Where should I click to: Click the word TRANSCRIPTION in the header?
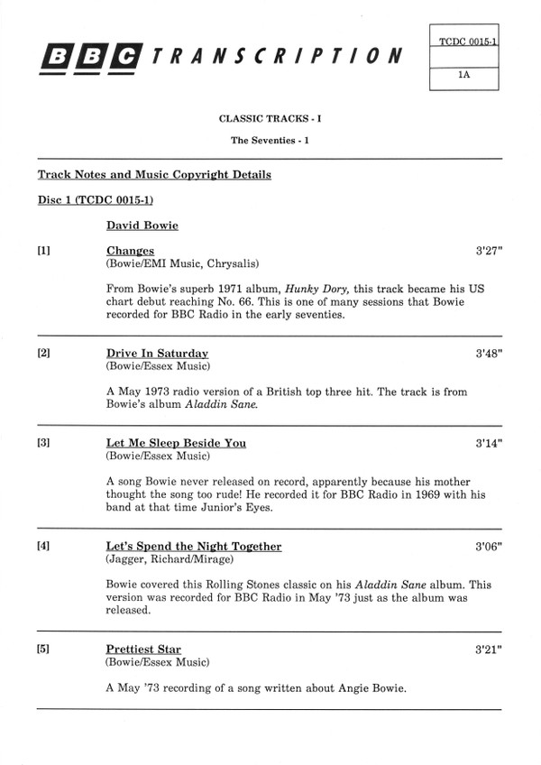click(277, 57)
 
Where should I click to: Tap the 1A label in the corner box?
click(464, 77)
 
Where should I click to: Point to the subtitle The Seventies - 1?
click(270, 140)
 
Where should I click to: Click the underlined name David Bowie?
click(142, 225)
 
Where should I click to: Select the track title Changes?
click(130, 251)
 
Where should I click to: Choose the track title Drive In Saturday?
click(157, 353)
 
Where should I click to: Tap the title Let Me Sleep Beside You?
click(176, 443)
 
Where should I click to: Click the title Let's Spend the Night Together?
click(194, 546)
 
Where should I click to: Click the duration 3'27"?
click(489, 251)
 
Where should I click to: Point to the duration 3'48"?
click(489, 353)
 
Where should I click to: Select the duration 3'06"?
click(489, 546)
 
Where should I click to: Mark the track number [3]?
click(43, 443)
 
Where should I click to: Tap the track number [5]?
click(43, 649)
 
